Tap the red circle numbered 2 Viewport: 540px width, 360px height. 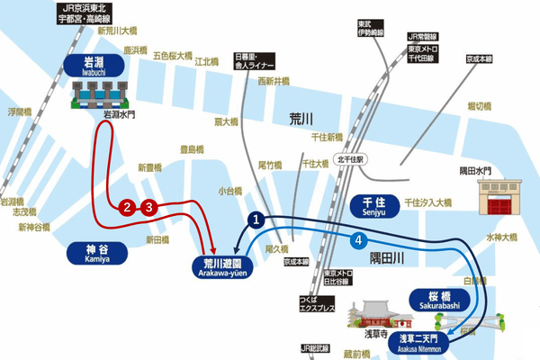tap(128, 208)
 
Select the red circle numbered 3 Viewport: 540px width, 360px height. tap(148, 208)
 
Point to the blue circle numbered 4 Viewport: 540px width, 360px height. tap(359, 240)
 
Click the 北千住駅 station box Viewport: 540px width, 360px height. tap(347, 159)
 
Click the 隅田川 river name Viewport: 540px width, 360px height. tap(389, 258)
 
